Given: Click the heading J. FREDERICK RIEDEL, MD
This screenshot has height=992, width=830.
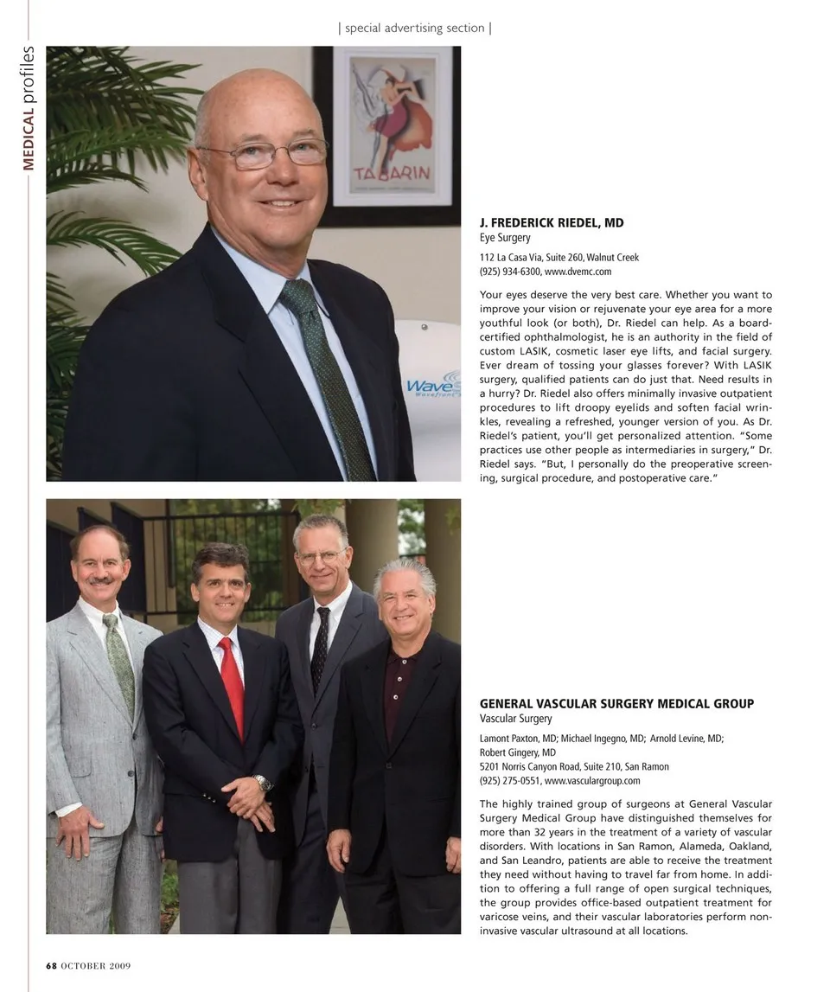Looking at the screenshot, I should [x=552, y=223].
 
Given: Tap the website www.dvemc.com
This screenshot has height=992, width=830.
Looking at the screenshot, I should [x=578, y=272].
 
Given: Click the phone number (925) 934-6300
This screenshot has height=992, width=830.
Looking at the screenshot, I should [x=510, y=272].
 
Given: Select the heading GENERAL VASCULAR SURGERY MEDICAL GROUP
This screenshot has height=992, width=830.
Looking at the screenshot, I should [x=616, y=704].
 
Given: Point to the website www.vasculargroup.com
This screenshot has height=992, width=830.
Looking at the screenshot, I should [x=592, y=780].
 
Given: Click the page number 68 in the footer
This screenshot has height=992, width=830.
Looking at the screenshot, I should [x=50, y=965].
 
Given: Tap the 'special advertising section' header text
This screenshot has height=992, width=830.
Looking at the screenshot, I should [x=415, y=28].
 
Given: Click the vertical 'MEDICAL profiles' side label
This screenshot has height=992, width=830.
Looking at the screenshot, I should [x=29, y=108].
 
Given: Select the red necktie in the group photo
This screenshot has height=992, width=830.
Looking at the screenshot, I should [x=233, y=683].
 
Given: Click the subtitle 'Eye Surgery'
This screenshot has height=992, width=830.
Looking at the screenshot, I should [x=505, y=238].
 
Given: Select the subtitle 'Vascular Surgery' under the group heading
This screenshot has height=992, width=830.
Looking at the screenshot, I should [x=515, y=719].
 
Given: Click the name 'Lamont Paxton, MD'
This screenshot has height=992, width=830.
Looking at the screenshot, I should [x=519, y=739].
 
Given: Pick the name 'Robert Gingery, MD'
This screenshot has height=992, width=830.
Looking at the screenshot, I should [x=518, y=752].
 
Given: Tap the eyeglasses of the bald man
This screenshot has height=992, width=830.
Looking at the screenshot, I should [x=264, y=154].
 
